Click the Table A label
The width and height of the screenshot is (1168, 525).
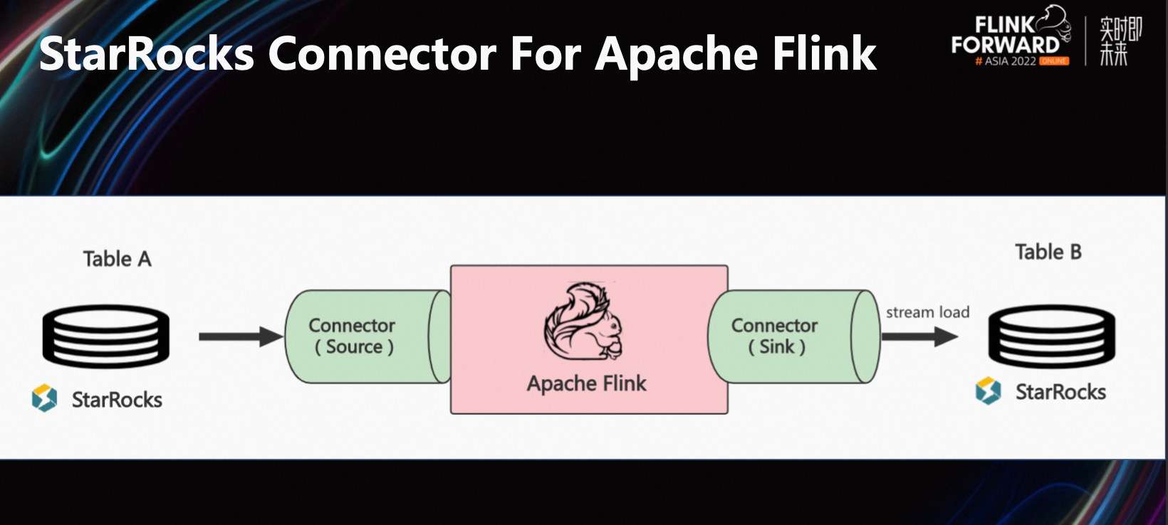(x=117, y=259)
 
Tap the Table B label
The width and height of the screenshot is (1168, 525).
(x=1048, y=252)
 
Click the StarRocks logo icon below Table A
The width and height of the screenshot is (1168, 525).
(x=44, y=398)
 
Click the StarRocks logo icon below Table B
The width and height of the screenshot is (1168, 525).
(x=988, y=391)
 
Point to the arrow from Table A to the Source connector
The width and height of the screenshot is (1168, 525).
(x=240, y=336)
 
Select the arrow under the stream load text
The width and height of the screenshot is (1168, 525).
(x=919, y=336)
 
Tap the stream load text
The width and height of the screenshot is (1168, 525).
(x=927, y=312)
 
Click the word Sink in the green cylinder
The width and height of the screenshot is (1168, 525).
(x=776, y=347)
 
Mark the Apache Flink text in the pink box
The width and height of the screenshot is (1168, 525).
(x=586, y=383)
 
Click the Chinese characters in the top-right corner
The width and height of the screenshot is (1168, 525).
(x=1120, y=41)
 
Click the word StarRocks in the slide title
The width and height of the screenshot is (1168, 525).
(x=146, y=54)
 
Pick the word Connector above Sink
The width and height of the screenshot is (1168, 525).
(x=774, y=326)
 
